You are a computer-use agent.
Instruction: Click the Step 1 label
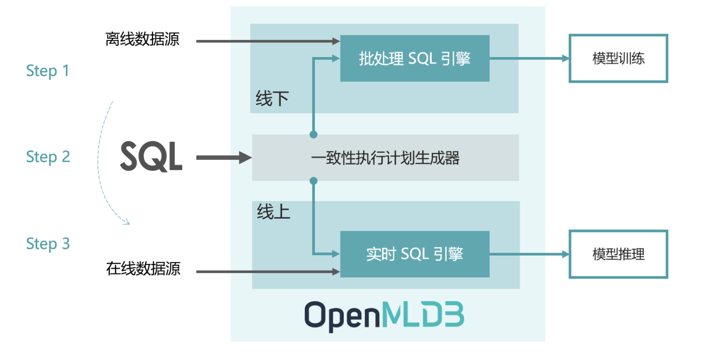(x=48, y=71)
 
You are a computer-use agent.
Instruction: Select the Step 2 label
(x=48, y=157)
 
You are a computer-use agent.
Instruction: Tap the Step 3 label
(x=48, y=244)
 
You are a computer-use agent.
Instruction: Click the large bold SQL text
(x=151, y=157)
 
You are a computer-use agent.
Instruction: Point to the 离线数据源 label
(x=142, y=40)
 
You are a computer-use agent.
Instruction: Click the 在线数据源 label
(x=143, y=269)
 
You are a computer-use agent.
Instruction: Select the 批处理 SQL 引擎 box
(x=415, y=58)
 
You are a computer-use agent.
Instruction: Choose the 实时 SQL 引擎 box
(x=415, y=254)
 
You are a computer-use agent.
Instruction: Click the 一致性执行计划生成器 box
(x=385, y=157)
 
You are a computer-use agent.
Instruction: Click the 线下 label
(x=272, y=99)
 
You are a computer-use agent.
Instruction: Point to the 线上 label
(x=273, y=212)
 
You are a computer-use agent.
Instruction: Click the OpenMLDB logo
(x=384, y=316)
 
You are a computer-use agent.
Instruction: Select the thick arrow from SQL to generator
(x=224, y=157)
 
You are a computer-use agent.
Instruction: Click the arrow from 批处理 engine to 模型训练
(x=529, y=58)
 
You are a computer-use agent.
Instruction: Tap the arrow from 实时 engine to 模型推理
(x=529, y=254)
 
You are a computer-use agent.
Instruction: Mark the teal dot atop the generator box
(x=313, y=134)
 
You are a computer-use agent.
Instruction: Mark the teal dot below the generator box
(x=313, y=181)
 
